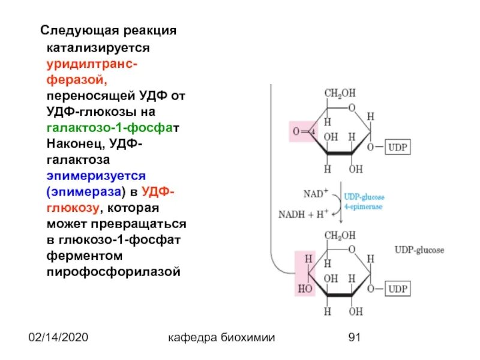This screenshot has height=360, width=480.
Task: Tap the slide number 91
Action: [354, 338]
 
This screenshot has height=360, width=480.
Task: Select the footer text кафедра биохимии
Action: [222, 338]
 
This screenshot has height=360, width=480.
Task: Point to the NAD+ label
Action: [316, 194]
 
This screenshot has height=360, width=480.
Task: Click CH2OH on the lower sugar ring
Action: [340, 235]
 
